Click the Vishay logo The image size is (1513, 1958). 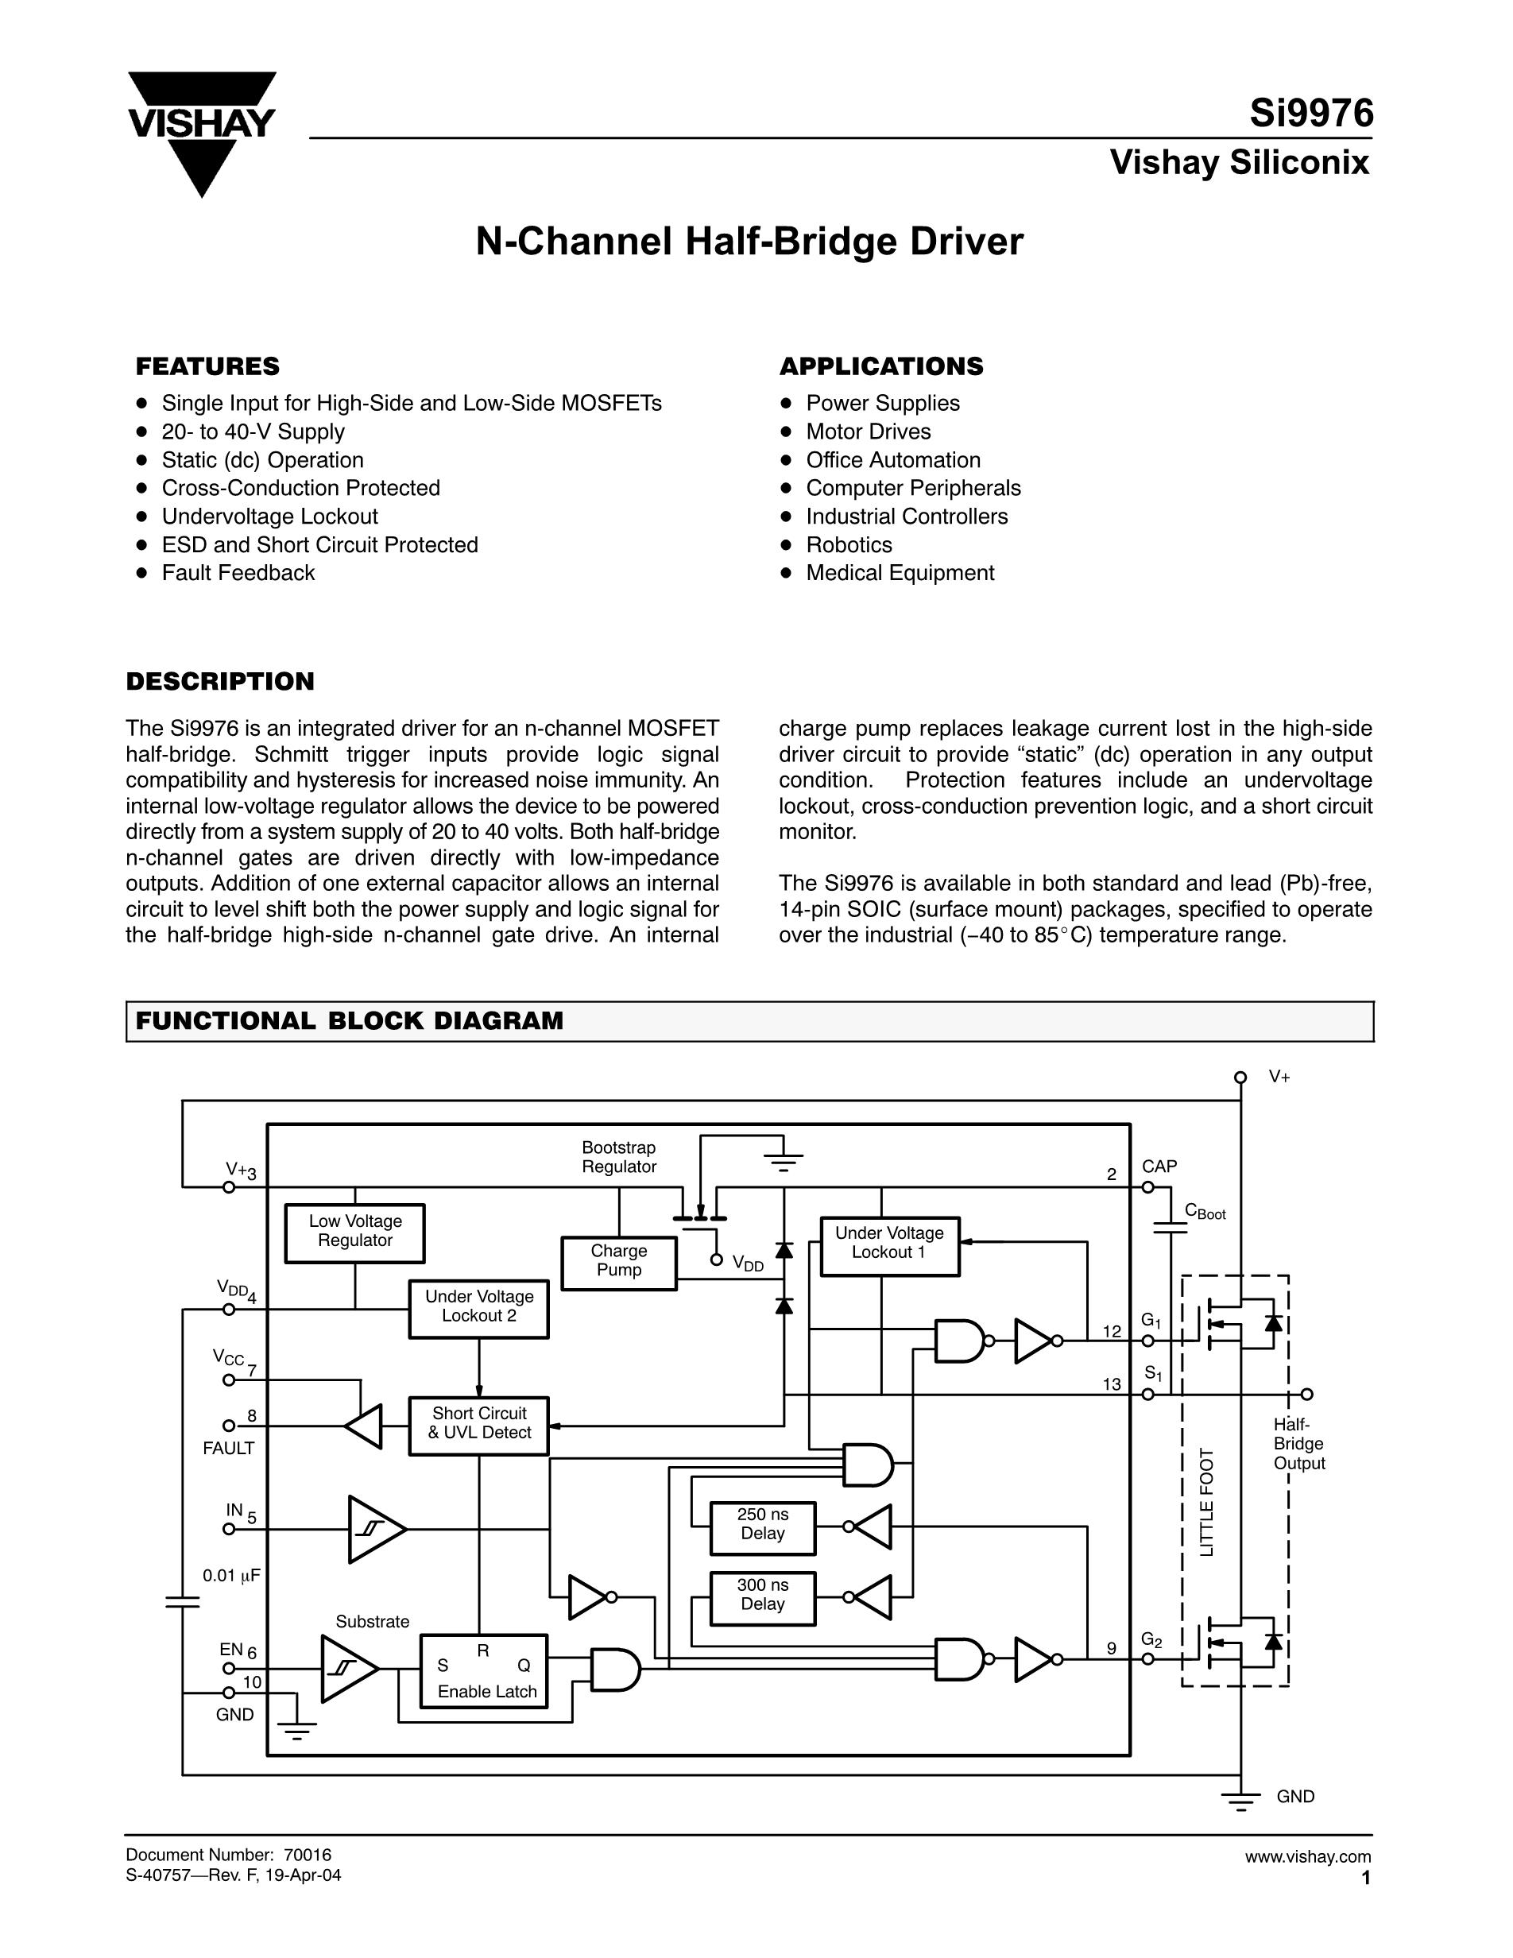201,133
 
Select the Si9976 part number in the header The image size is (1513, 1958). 1311,114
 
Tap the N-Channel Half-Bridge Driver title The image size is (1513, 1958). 749,242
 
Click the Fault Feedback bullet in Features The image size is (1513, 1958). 238,573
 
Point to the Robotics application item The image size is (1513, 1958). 848,545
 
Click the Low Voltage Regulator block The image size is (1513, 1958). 355,1232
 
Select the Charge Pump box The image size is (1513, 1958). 618,1263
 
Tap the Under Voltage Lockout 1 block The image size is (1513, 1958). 889,1245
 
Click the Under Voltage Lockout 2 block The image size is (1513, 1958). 478,1308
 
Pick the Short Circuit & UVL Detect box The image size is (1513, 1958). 478,1425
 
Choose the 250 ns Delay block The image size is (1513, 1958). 763,1527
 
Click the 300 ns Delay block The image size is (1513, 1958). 763,1597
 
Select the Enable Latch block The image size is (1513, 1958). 484,1670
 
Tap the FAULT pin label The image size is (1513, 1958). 228,1448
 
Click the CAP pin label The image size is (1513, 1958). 1159,1167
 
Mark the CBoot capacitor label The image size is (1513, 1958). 1205,1212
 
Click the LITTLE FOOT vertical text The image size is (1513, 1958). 1207,1503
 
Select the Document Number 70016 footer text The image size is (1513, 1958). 229,1855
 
